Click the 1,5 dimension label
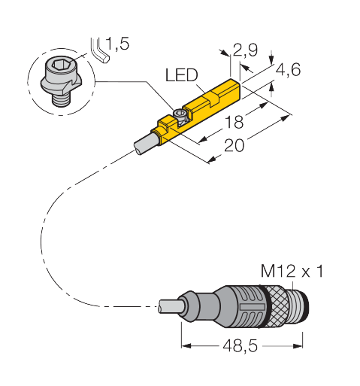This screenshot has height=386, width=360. [x=117, y=44]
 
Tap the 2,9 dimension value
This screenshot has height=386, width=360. [x=245, y=50]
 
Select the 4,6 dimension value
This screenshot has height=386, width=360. [x=288, y=69]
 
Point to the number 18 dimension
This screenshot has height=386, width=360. [x=234, y=122]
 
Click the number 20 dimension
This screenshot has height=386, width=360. [x=234, y=145]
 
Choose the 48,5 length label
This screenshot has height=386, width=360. [x=240, y=346]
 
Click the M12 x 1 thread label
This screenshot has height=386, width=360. [x=292, y=271]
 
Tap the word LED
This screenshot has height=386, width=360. [x=182, y=75]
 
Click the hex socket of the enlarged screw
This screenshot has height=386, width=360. [x=59, y=65]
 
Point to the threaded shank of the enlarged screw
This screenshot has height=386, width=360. [x=60, y=99]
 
